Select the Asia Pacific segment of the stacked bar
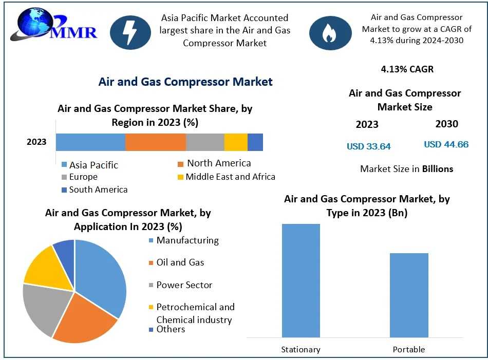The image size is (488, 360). point(90,142)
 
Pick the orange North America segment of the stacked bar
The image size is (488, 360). point(156,142)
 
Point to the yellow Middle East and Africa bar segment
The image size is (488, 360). point(236,142)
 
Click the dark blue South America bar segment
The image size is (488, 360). point(255,142)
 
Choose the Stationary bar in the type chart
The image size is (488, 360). point(301,280)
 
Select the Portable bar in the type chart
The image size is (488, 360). point(409,295)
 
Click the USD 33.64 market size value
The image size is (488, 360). point(368,146)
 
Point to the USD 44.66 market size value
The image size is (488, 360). point(446,144)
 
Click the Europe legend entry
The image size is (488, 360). point(83,177)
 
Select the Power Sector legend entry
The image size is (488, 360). point(184,285)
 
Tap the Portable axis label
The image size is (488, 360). point(409,350)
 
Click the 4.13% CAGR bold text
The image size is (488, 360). point(407,69)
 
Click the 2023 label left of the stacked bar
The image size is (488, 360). point(36,142)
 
